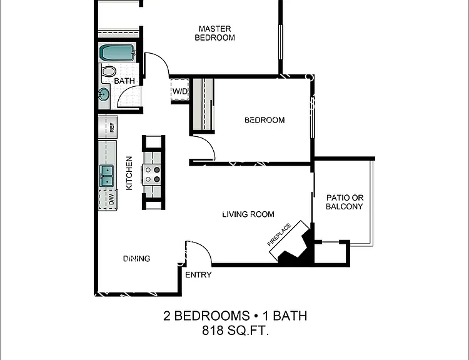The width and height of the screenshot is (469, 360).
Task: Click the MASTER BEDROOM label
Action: point(214,33)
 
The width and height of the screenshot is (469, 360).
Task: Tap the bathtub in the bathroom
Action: point(118,52)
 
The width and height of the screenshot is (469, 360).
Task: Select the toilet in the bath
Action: point(108,72)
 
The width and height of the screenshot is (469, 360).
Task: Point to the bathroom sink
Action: point(103,95)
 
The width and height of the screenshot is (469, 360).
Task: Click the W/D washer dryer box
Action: point(179,91)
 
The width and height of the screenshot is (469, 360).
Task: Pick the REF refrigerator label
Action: point(112,127)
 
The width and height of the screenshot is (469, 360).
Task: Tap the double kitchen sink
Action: point(106,176)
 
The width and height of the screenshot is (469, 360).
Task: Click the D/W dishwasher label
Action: point(111,199)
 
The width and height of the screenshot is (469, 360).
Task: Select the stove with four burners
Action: point(153,174)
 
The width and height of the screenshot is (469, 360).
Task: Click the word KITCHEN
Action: point(129,173)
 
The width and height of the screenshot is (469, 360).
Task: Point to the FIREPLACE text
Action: point(279,234)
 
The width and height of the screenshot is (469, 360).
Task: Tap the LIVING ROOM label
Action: point(248,214)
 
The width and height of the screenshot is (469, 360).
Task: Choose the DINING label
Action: point(137,258)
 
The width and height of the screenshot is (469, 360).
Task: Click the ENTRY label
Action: point(198,274)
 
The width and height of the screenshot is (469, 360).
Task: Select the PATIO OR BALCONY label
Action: point(345,202)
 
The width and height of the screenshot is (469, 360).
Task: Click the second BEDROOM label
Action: point(265,120)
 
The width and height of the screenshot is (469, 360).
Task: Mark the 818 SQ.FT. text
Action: point(235,331)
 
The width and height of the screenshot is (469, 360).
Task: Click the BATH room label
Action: point(124,81)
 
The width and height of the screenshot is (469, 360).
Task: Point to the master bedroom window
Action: point(281,42)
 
